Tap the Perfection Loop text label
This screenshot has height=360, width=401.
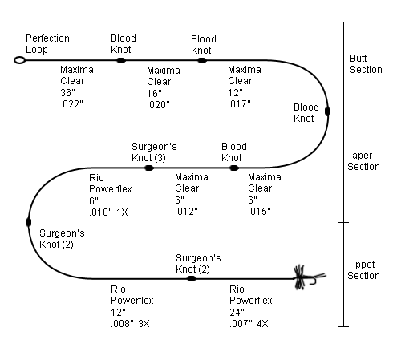point(47,44)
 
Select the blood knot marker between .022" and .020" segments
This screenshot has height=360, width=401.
point(121,60)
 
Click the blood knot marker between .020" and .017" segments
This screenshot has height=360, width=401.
point(202,60)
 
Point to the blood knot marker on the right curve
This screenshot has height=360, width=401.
point(327,111)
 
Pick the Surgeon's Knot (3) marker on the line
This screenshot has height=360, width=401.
point(149,168)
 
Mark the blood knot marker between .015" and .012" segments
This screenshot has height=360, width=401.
point(234,168)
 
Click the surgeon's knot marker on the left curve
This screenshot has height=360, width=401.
point(28,222)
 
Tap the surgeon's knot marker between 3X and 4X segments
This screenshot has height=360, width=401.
point(192,279)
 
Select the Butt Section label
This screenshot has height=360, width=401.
point(366,64)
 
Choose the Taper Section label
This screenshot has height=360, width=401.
point(363,161)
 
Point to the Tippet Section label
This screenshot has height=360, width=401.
point(363,270)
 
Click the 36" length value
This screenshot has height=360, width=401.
point(67,93)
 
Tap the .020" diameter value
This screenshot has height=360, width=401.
point(158,105)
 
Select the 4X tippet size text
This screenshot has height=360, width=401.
point(262,324)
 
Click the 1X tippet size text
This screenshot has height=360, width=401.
point(122,212)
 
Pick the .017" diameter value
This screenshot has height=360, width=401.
point(239,104)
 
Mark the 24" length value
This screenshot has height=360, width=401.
point(237,312)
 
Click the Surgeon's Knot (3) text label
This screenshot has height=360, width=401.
point(154,152)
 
